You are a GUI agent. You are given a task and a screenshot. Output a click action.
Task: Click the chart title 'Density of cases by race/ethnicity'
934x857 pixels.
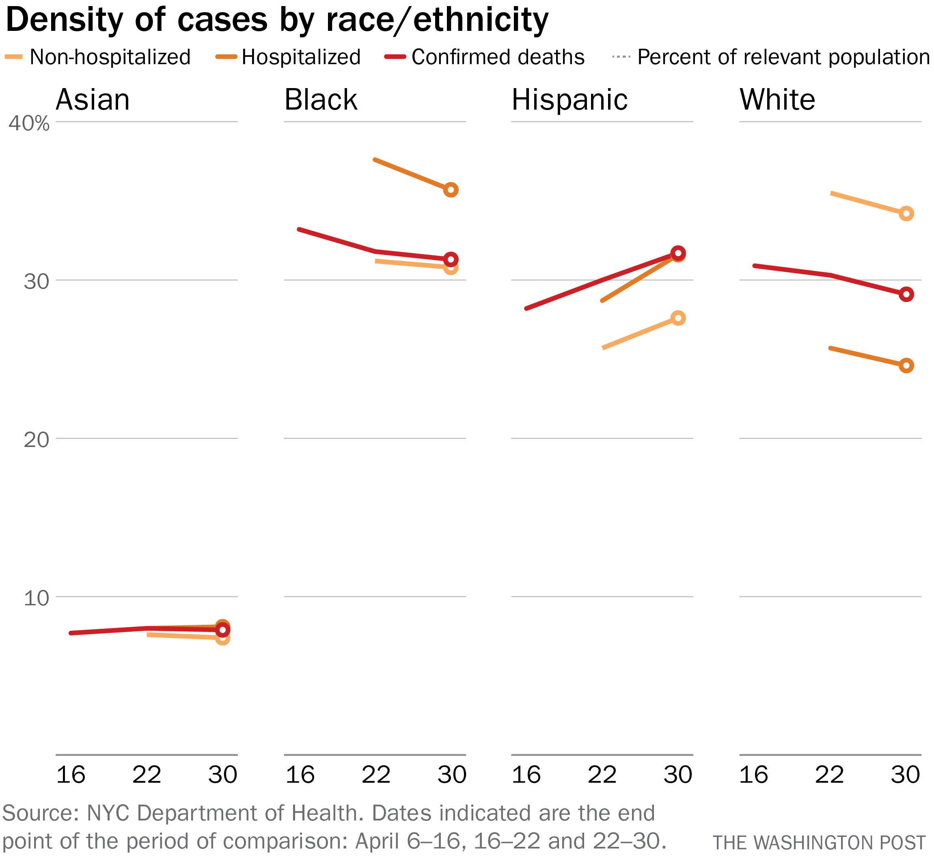[277, 20]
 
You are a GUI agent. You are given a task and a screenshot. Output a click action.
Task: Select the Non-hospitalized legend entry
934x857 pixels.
[110, 58]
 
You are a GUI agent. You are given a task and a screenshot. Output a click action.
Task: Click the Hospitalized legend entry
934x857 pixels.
[300, 58]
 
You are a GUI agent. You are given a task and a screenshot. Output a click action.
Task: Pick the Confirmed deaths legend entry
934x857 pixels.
[498, 58]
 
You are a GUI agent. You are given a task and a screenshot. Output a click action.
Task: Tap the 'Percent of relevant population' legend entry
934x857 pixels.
[783, 58]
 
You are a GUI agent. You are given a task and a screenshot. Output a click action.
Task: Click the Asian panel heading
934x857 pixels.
[93, 100]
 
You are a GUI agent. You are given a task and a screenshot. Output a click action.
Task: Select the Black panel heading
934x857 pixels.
[321, 100]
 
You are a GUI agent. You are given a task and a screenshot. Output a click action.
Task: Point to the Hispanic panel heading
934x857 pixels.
[569, 100]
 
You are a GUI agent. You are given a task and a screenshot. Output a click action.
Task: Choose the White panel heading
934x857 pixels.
[777, 100]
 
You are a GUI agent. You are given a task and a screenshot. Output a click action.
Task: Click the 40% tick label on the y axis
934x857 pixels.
[29, 123]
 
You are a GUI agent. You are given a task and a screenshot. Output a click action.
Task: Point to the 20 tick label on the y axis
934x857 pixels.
[36, 439]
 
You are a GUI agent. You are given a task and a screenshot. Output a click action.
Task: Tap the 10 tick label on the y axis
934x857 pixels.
[36, 598]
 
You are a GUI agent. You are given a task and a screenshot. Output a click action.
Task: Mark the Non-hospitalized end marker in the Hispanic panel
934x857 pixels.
[678, 318]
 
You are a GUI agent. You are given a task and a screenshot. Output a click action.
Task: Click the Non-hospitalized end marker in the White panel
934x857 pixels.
[906, 214]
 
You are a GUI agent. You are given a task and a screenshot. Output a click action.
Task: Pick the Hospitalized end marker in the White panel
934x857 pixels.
[906, 365]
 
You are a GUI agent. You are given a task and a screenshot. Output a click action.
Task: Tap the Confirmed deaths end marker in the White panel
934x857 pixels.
[906, 294]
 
